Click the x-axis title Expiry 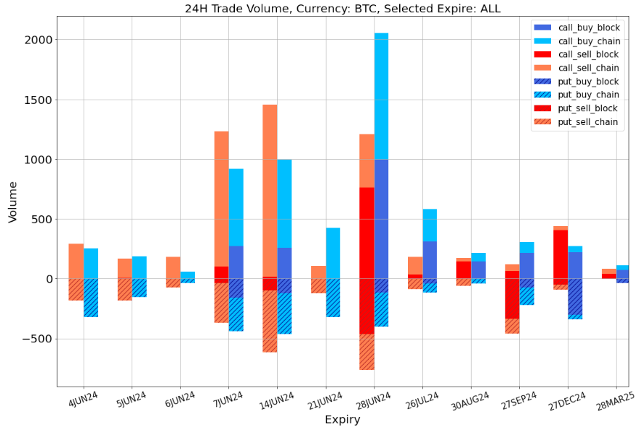tap(342, 419)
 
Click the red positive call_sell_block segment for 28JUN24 tap(366, 233)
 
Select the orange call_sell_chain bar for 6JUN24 tap(173, 267)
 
